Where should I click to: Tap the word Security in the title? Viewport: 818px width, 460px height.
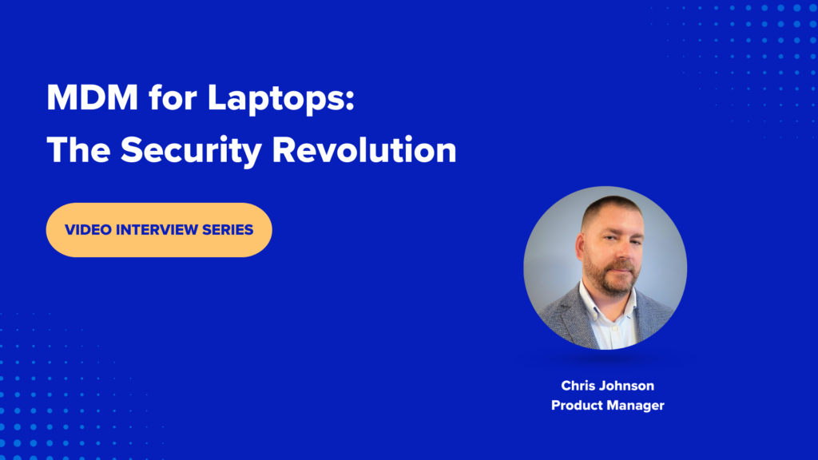(191, 151)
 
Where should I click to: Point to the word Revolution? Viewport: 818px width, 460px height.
(364, 150)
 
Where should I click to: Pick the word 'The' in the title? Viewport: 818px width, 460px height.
(78, 150)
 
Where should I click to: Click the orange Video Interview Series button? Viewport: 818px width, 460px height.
(159, 230)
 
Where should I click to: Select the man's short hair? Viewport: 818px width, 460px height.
(610, 207)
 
